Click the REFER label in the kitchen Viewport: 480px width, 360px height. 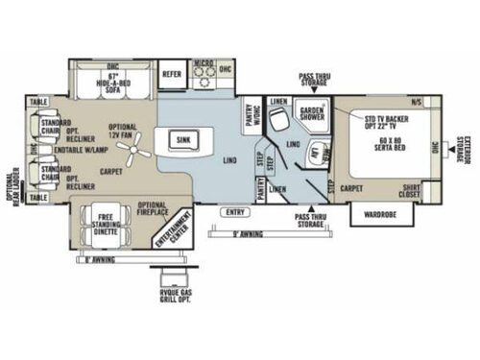(x=172, y=73)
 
